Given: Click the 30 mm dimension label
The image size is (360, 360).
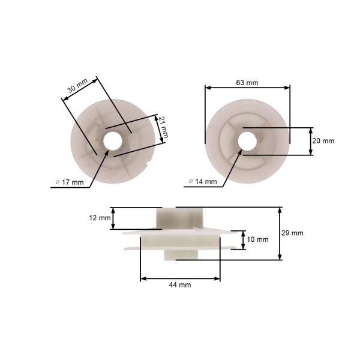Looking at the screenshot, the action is (x=78, y=86).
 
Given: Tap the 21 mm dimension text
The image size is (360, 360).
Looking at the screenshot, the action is (x=164, y=127).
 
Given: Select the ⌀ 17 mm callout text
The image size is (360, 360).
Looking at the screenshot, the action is (x=70, y=182).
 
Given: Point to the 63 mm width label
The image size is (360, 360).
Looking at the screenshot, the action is (x=247, y=83).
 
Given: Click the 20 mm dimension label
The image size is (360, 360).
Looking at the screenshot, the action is (x=323, y=141).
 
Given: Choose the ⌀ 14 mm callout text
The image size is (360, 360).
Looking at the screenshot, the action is (x=203, y=182).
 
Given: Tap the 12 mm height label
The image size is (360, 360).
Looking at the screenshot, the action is (x=100, y=218).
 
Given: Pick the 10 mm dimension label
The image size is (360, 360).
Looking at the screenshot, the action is (x=257, y=239).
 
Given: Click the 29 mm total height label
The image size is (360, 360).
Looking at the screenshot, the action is (x=292, y=233).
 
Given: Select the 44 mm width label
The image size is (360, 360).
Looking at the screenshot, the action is (x=180, y=285).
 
